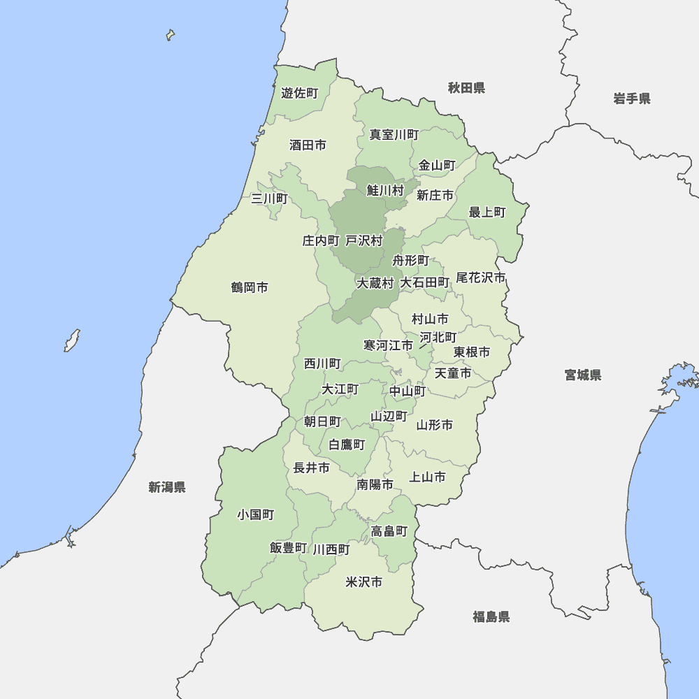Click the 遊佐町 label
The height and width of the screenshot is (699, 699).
point(299,93)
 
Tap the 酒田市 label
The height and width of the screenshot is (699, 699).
point(308,145)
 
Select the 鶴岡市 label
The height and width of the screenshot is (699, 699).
point(250,287)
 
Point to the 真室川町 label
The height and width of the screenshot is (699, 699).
point(394,134)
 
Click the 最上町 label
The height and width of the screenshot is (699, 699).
point(487,212)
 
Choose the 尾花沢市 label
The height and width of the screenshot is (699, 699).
point(480,278)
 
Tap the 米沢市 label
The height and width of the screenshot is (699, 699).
point(364,582)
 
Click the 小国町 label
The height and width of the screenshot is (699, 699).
point(255,514)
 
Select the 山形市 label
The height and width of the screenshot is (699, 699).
point(435,424)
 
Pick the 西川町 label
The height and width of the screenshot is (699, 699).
point(322,363)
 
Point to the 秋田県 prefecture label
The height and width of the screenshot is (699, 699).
point(467,88)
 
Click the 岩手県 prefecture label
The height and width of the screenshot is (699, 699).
point(632,99)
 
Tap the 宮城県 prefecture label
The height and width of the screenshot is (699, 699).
point(583,375)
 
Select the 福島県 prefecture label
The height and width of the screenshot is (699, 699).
point(491,617)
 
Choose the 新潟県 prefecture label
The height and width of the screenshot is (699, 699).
point(167,487)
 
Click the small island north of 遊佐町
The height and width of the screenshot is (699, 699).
point(170,34)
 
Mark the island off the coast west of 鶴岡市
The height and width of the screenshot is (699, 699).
point(71,340)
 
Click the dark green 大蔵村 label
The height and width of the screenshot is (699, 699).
point(375,283)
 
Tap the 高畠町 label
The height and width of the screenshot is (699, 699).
point(389,531)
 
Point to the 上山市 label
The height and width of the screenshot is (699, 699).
point(427,477)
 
